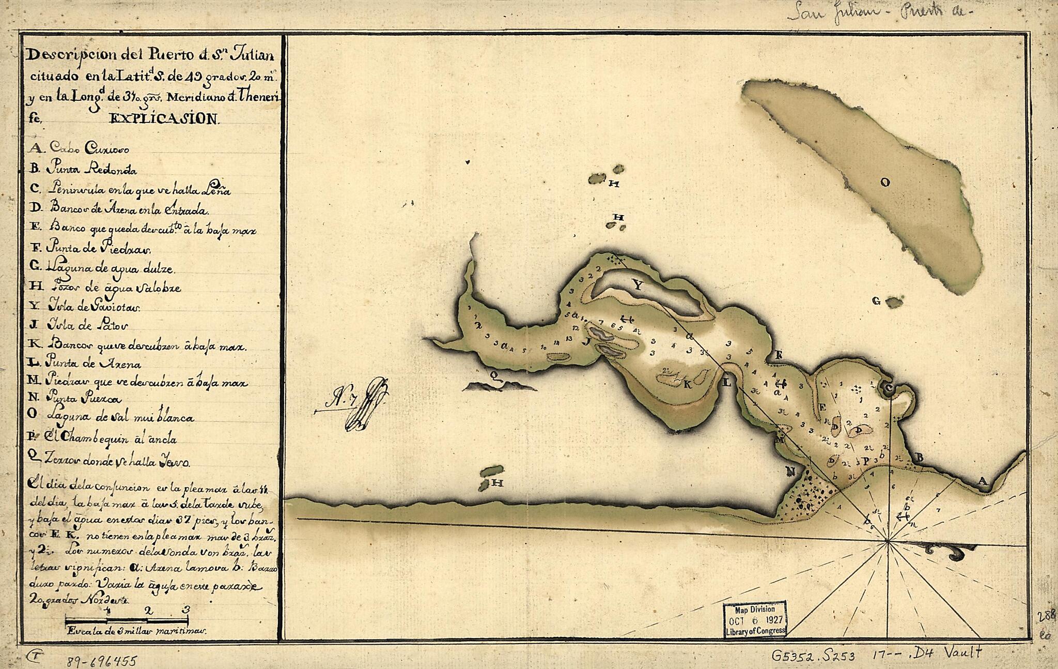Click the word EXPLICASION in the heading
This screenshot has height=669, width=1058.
pos(164,119)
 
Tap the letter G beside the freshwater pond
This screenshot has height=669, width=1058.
pos(876,301)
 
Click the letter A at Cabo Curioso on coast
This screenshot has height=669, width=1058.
pos(982,481)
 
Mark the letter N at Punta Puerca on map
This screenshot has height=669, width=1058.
pos(790,471)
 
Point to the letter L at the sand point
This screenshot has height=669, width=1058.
pos(727,383)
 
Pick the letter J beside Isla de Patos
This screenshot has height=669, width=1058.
pos(585,342)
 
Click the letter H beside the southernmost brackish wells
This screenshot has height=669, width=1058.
pos(497,483)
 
